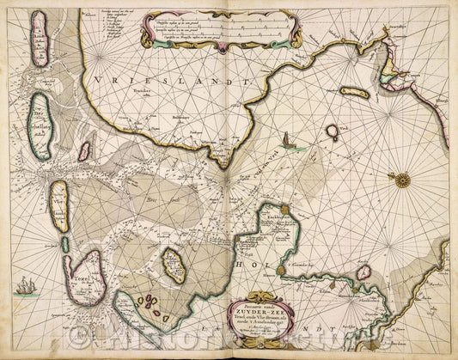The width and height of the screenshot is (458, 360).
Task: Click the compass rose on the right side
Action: tap(400, 180)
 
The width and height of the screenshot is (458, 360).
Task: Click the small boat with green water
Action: tap(286, 142)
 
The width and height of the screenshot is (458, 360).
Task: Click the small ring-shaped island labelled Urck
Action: tap(332, 131)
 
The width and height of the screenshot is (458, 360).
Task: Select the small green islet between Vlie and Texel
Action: tap(64, 244)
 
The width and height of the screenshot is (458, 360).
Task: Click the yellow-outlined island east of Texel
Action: tap(175, 266)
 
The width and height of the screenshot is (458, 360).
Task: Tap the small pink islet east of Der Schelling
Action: tap(84, 152)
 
